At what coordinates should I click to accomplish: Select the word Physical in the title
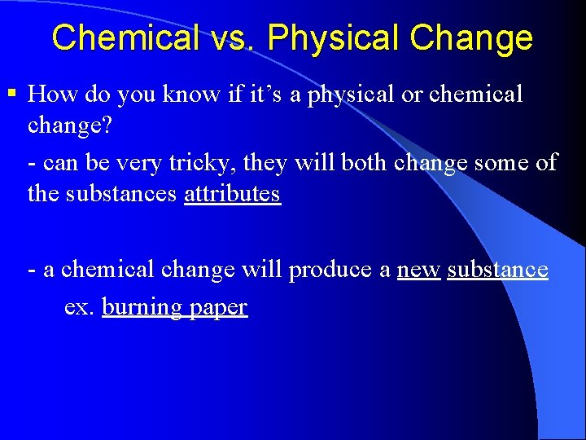tap(334, 37)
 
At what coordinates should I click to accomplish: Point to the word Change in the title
tap(471, 37)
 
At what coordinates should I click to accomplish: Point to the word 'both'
tap(365, 162)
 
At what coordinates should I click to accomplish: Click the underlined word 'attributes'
tap(233, 195)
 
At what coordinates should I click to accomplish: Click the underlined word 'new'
tap(419, 269)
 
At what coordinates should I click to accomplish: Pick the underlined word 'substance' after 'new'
tap(497, 269)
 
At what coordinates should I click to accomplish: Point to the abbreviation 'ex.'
tap(79, 307)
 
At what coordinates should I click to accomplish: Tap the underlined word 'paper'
tap(218, 309)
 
